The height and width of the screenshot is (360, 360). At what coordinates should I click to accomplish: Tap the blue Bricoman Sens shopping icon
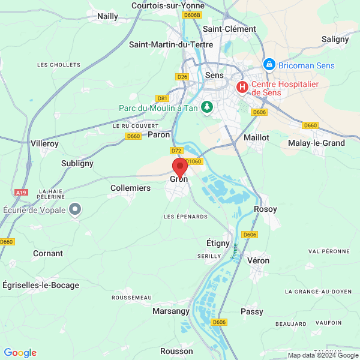269,64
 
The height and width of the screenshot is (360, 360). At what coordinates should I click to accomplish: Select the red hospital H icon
242,88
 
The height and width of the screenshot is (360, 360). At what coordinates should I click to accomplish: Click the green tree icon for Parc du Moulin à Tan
208,107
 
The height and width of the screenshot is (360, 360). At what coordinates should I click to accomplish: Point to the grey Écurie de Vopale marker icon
74,209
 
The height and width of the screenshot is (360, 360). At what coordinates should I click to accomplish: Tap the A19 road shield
21,193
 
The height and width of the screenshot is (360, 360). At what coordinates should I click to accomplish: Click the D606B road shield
192,15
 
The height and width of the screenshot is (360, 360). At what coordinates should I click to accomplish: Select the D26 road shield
183,77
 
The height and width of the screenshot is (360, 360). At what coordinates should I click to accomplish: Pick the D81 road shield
162,98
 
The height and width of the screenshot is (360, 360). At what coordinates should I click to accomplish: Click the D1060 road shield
194,161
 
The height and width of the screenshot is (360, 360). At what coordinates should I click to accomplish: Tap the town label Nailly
108,17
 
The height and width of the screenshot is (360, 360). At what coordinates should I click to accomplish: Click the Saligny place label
335,39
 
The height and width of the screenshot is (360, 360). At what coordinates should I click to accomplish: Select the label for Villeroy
44,144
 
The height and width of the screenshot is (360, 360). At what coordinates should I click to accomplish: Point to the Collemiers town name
131,188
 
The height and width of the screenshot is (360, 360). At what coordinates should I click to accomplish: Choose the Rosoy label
266,209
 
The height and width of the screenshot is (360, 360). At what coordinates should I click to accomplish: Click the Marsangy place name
171,311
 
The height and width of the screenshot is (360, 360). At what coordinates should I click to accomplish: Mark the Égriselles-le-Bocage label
41,285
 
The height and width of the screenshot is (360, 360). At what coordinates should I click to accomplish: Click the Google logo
20,353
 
